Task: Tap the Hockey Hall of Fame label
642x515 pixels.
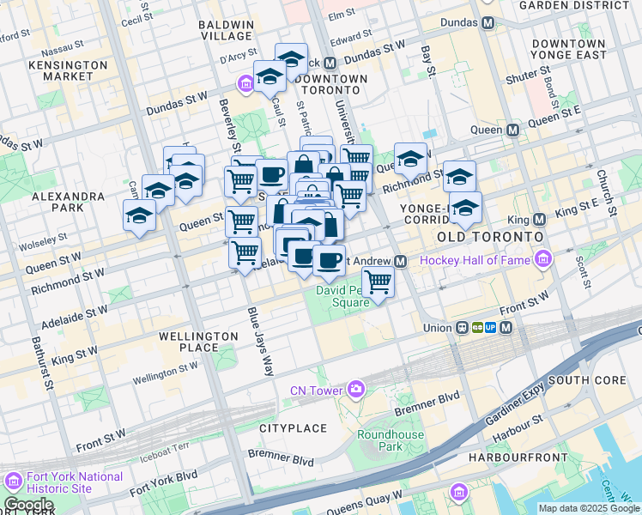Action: tap(474, 259)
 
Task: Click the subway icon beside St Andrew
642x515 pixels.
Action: tap(401, 261)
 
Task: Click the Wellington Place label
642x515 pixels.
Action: tap(198, 342)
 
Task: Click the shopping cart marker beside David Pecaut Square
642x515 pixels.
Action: tap(378, 282)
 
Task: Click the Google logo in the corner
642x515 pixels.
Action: tap(28, 505)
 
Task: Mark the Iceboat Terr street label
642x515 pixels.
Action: tap(158, 448)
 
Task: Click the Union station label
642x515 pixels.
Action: tap(437, 327)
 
